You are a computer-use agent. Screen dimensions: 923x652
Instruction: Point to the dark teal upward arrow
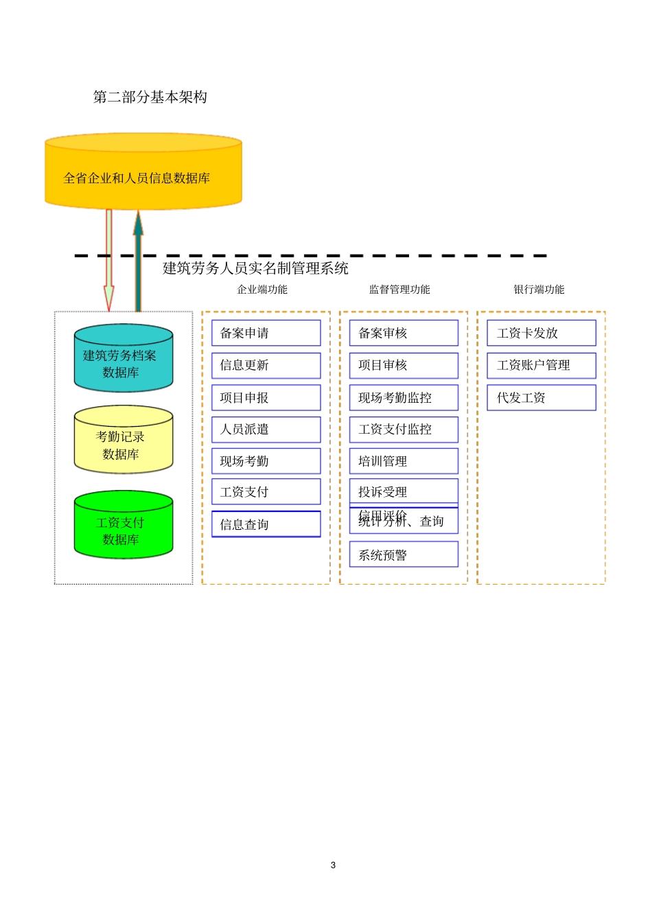tap(138, 261)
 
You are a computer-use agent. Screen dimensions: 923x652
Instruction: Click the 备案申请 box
tap(266, 333)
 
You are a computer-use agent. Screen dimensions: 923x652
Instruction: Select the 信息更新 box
tap(266, 365)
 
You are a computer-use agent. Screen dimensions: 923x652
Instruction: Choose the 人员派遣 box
tap(266, 430)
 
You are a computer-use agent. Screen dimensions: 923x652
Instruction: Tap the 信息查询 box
tap(266, 524)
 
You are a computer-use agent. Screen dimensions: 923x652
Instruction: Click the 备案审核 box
tap(404, 333)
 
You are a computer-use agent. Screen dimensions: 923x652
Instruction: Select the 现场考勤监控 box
tap(404, 397)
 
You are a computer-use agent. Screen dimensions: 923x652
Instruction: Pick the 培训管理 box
tap(404, 461)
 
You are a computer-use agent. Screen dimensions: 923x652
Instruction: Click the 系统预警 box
tap(404, 554)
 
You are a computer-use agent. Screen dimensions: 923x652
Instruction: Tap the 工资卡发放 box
tap(542, 333)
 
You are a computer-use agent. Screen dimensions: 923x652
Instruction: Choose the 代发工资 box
tap(542, 397)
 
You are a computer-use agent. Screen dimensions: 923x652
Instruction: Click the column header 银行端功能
tap(539, 290)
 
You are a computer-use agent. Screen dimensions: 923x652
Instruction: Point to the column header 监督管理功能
tap(399, 290)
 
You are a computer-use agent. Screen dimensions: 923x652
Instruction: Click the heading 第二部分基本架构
tap(150, 97)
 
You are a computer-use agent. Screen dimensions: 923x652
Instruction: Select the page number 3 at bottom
tap(333, 865)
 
